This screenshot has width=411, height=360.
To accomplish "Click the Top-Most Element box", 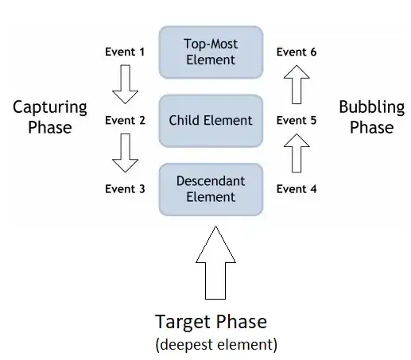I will (x=211, y=52).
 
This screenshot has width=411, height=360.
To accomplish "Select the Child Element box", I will (x=211, y=121).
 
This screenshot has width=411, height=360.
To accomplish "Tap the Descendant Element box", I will (x=211, y=189).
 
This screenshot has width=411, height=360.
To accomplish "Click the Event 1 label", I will (x=125, y=52).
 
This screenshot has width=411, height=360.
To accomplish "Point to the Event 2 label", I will (x=125, y=121).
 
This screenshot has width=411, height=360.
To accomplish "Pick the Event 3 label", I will (x=125, y=189).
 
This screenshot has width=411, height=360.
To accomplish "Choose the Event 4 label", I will (x=297, y=189).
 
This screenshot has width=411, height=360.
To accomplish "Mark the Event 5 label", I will (x=297, y=121).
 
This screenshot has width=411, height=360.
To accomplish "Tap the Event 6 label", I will (x=297, y=52).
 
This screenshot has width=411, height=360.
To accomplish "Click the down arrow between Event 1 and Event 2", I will (x=125, y=85).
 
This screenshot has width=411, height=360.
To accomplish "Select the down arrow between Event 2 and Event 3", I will (x=125, y=153).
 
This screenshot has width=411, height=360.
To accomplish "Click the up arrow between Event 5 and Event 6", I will (x=297, y=85).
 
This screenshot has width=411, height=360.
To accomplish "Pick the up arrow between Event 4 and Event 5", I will (x=297, y=153).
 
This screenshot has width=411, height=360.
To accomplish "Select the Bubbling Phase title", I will (x=371, y=117).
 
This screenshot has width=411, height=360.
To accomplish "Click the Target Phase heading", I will (x=211, y=322).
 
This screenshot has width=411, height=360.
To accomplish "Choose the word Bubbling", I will (x=371, y=107).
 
